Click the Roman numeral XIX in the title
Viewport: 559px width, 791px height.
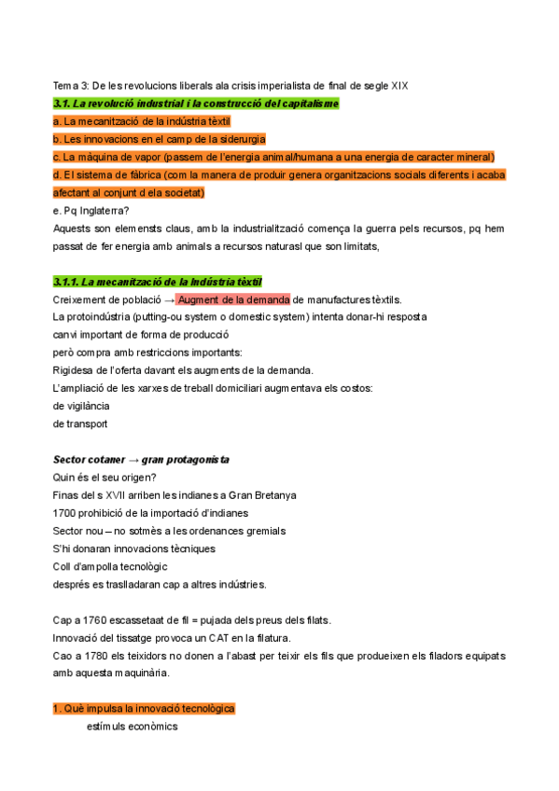click(x=398, y=86)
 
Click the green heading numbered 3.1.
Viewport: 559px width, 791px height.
click(x=196, y=104)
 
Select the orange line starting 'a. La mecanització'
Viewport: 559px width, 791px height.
click(x=142, y=121)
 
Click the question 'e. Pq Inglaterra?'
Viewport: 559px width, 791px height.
click(x=91, y=211)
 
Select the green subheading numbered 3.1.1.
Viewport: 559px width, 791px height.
click(x=158, y=282)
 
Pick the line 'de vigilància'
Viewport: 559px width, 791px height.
click(x=81, y=406)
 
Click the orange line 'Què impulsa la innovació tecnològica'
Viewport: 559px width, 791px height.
click(x=144, y=709)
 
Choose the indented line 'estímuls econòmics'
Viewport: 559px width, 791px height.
click(x=132, y=727)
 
